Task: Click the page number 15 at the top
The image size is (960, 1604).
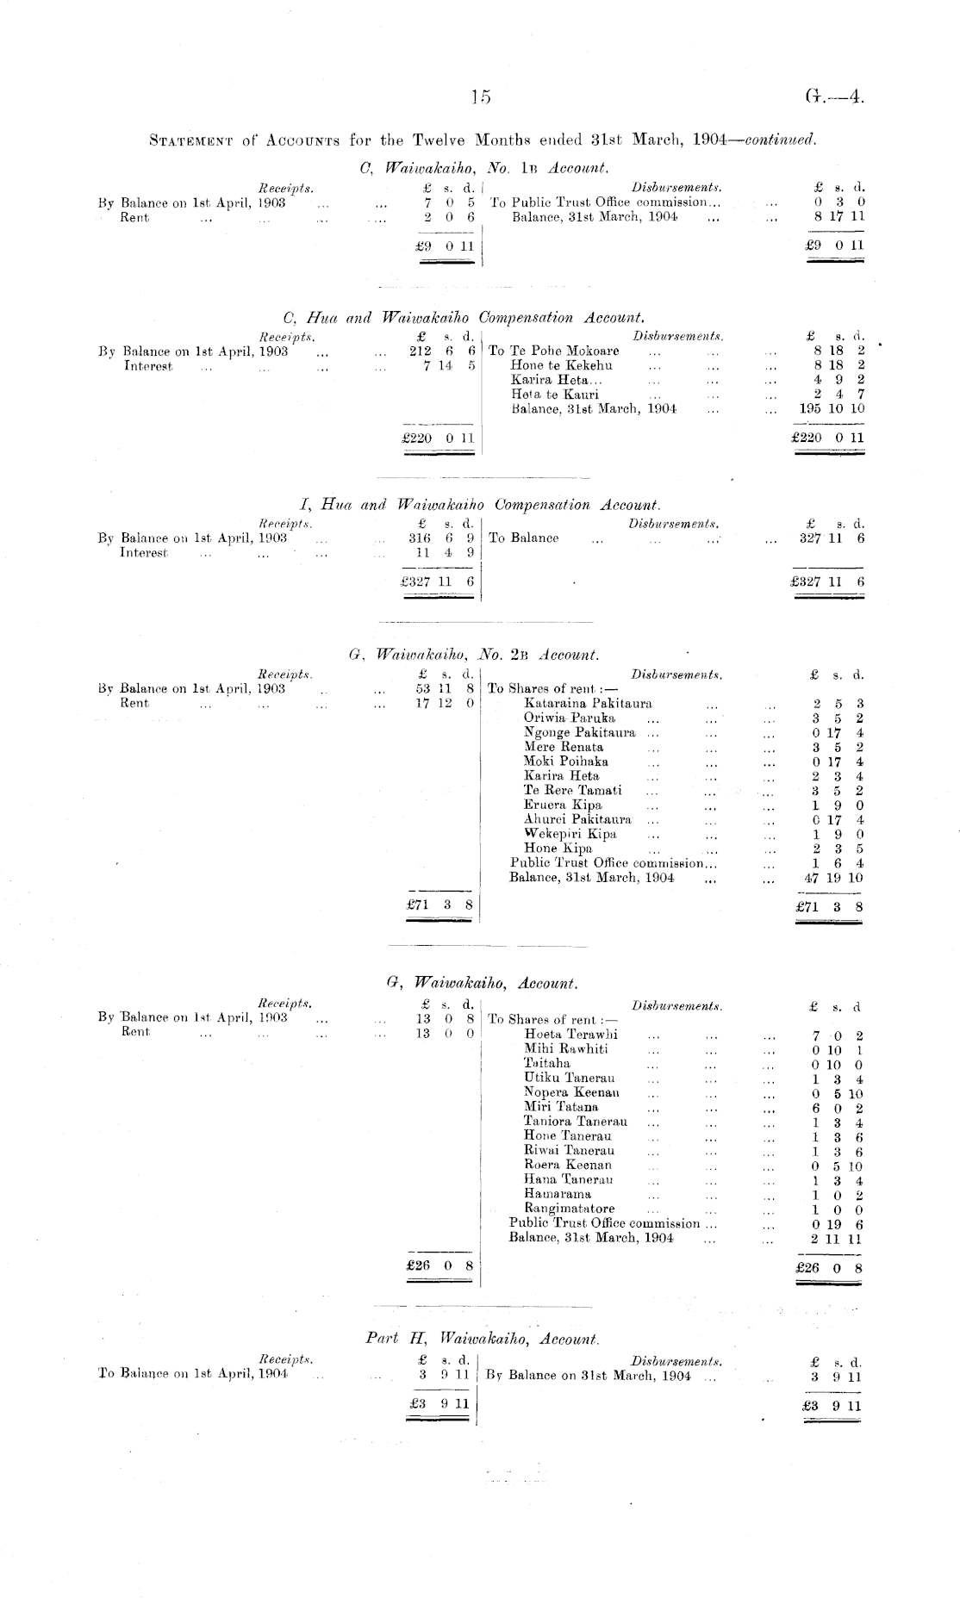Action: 480,97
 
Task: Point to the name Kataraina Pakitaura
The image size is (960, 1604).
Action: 588,703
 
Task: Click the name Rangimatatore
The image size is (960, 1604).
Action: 569,1209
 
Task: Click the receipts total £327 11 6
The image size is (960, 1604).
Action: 439,581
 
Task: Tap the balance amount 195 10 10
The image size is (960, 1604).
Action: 832,408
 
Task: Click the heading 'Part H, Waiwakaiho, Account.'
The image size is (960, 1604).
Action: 482,1339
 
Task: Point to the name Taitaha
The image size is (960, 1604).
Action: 547,1063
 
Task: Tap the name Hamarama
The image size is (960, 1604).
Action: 558,1194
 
